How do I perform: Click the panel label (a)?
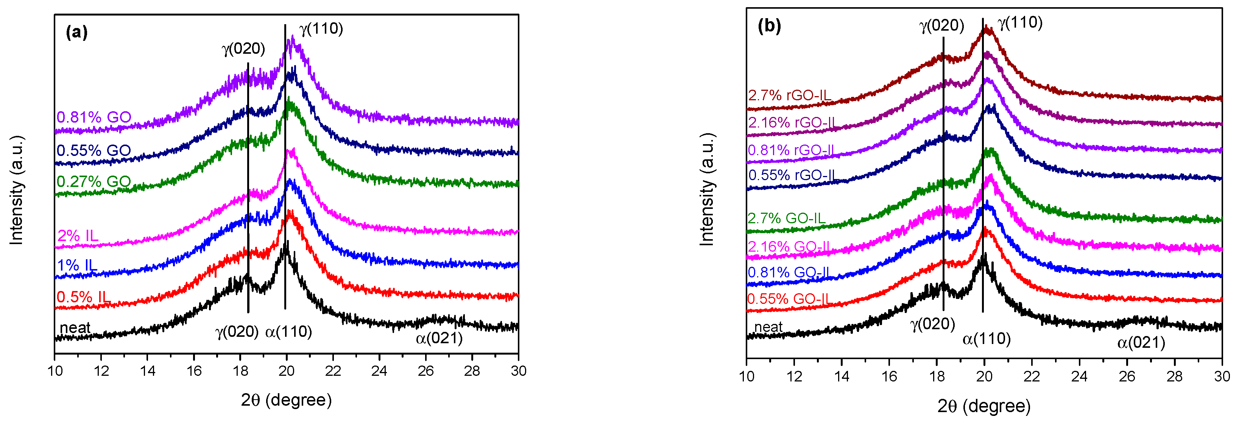point(76,32)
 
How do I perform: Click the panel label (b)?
point(769,25)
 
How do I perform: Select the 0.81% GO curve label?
point(94,117)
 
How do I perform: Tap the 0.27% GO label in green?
point(94,181)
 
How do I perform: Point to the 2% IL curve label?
point(78,236)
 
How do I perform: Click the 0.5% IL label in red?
point(83,297)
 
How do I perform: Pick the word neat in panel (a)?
point(75,327)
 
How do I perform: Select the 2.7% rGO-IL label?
point(789,95)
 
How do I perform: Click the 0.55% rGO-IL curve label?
point(791,175)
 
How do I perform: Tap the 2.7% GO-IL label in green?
point(786,218)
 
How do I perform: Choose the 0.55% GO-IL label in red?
point(789,299)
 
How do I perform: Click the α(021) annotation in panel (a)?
point(439,339)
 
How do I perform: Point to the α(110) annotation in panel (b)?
point(987,339)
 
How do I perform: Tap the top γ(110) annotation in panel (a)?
point(321,29)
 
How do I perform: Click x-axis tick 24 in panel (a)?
point(379,371)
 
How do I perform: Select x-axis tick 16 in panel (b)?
point(889,377)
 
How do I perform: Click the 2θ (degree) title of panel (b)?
point(983,406)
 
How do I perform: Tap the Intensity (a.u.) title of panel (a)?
point(17,190)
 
